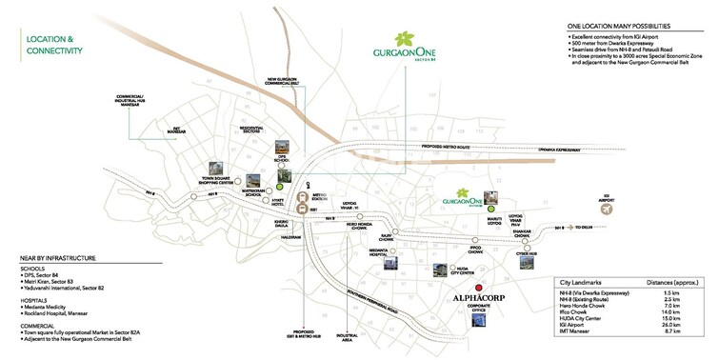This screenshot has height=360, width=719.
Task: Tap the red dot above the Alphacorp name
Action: pos(480,287)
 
